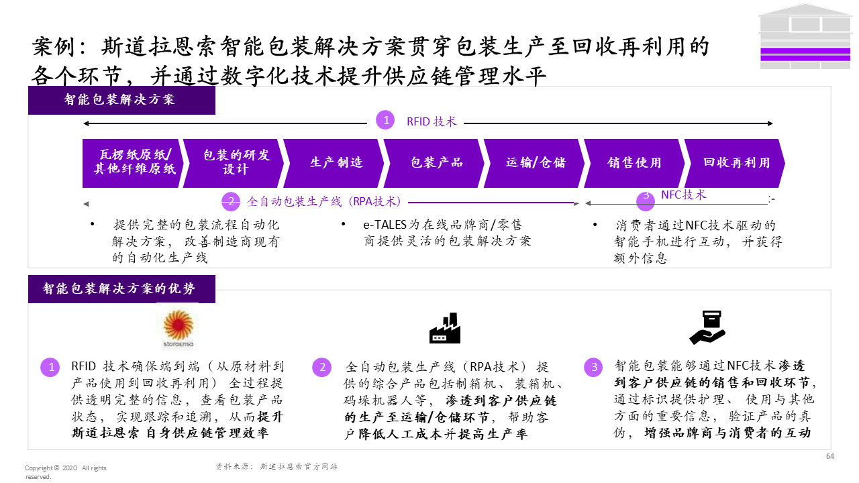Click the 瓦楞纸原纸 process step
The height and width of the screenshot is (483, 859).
(x=134, y=163)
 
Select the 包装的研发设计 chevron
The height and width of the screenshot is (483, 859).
(x=234, y=163)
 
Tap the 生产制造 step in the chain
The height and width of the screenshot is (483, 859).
(x=335, y=163)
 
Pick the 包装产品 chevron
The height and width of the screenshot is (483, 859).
(x=436, y=163)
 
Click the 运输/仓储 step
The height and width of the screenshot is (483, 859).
(x=536, y=163)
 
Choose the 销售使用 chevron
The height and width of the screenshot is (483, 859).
(x=635, y=163)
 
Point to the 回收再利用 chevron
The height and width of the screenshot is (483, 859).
(x=736, y=163)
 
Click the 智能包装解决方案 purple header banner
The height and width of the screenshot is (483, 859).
(x=121, y=101)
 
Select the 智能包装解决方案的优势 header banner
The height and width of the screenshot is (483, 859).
(x=121, y=289)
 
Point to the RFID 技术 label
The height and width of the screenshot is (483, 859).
(x=432, y=121)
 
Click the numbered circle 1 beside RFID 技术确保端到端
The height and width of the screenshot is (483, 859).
(x=50, y=368)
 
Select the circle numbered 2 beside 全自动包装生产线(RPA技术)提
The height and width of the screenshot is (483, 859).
(x=321, y=368)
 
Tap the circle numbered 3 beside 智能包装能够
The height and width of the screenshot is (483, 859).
(x=593, y=368)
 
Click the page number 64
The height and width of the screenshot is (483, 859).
(x=829, y=457)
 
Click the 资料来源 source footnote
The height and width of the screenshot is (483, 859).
(x=276, y=466)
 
